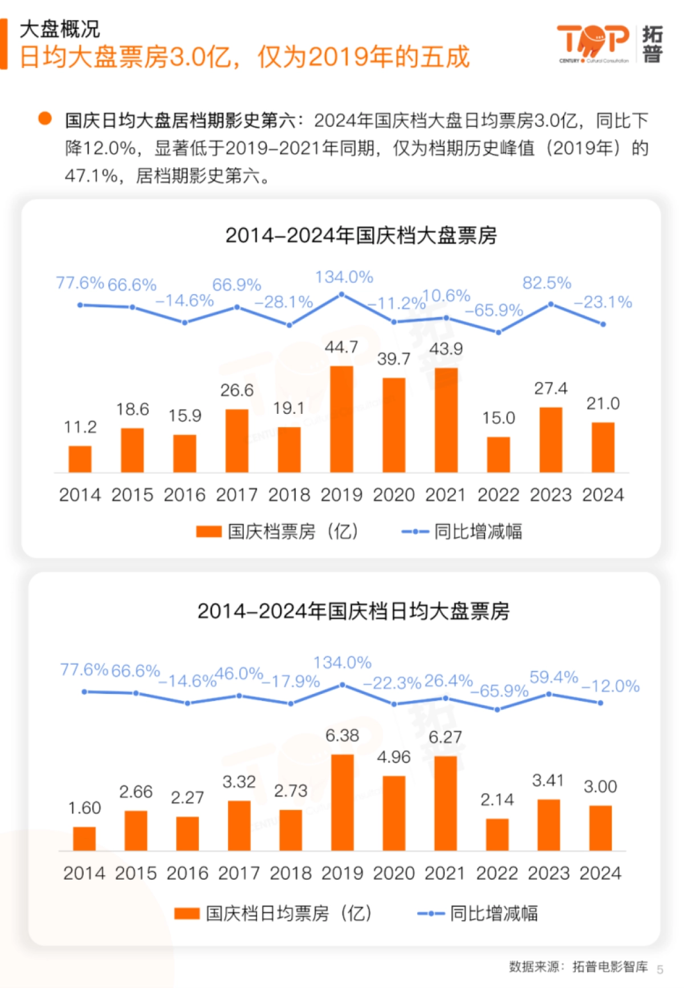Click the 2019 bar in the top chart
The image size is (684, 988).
pos(341,419)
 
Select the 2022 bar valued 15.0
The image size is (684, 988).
pos(498,454)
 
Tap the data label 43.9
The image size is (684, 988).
pos(446,349)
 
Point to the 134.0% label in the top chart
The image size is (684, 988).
pos(344,277)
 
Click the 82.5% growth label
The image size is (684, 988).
pos(547,283)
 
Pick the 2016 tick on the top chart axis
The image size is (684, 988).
pos(184,494)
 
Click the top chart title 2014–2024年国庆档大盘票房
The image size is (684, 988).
pos(361,235)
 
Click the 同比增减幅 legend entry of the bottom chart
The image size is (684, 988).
pos(478,913)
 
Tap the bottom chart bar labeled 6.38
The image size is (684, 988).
pos(342,802)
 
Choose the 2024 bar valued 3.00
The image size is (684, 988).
pos(600,828)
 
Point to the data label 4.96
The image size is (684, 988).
pos(393,757)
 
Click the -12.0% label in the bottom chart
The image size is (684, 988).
pos(610,686)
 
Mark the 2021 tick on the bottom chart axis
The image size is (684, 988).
pos(445,873)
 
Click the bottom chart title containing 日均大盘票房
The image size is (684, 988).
pos(353,611)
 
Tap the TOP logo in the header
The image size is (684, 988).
pos(593,43)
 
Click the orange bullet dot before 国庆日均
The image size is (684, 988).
pos(45,119)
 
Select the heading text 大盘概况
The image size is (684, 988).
pos(60,29)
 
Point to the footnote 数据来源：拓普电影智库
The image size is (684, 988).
pos(578,966)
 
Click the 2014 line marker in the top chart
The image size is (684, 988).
pos(80,305)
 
